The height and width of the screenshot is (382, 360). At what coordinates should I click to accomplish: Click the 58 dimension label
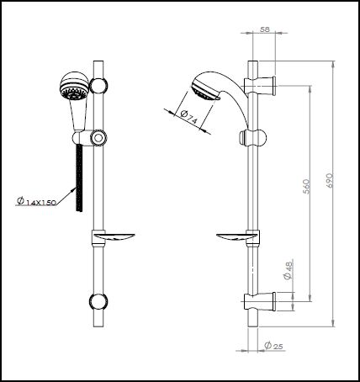click(x=264, y=29)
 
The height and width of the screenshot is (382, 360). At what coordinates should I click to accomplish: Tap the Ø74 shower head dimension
click(x=189, y=118)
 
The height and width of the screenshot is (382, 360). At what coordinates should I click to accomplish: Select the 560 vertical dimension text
click(x=306, y=186)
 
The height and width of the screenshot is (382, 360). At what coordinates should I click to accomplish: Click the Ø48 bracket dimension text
click(x=289, y=269)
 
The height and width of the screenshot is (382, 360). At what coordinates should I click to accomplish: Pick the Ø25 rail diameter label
click(x=273, y=346)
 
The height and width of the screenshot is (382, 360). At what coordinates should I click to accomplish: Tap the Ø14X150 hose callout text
click(x=36, y=201)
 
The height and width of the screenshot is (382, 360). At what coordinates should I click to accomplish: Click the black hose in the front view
click(x=80, y=178)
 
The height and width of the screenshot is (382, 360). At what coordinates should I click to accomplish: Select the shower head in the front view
click(x=74, y=86)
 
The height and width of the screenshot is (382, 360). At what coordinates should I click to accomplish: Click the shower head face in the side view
click(x=204, y=91)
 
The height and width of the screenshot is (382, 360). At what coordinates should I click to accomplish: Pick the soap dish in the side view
click(x=236, y=237)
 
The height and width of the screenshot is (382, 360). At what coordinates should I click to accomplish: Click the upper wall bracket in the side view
click(x=261, y=85)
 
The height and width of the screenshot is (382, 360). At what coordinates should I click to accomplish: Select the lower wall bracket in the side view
click(x=260, y=301)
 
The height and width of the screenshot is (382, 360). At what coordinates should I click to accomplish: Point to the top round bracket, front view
click(x=98, y=86)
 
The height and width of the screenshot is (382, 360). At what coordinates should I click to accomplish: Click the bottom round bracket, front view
click(x=98, y=301)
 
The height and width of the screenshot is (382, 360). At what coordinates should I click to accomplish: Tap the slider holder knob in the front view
click(x=98, y=138)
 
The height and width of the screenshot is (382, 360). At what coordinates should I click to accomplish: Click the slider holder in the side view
click(x=252, y=138)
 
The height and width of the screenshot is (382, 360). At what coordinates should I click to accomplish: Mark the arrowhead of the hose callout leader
click(x=75, y=188)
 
